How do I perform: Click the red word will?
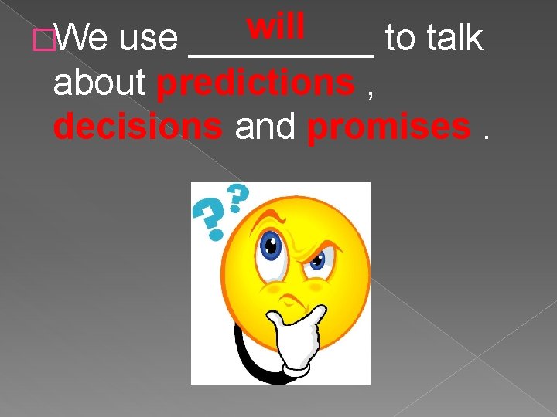click(x=276, y=26)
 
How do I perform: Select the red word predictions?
click(x=255, y=84)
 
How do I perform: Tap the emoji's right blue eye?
click(x=316, y=263)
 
